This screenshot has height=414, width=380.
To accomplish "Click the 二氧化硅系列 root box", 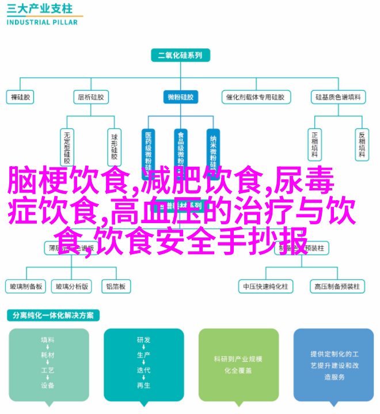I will click(180, 56).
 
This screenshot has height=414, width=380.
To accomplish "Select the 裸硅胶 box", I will click(21, 97).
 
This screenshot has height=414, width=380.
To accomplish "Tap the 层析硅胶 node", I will click(90, 97).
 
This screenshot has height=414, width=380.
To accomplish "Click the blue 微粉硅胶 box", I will click(180, 97).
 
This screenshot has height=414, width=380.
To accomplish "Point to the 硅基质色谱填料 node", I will click(338, 97).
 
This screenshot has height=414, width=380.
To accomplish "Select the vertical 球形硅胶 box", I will click(115, 144).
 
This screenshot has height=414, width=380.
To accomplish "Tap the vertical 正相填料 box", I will click(315, 144).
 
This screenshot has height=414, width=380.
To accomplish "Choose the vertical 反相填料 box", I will click(362, 144).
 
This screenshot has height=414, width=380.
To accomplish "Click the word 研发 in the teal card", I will click(143, 340).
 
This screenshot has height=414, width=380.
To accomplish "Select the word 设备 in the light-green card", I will click(48, 385).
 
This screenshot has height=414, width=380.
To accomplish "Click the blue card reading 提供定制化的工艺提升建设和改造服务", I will click(335, 365).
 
